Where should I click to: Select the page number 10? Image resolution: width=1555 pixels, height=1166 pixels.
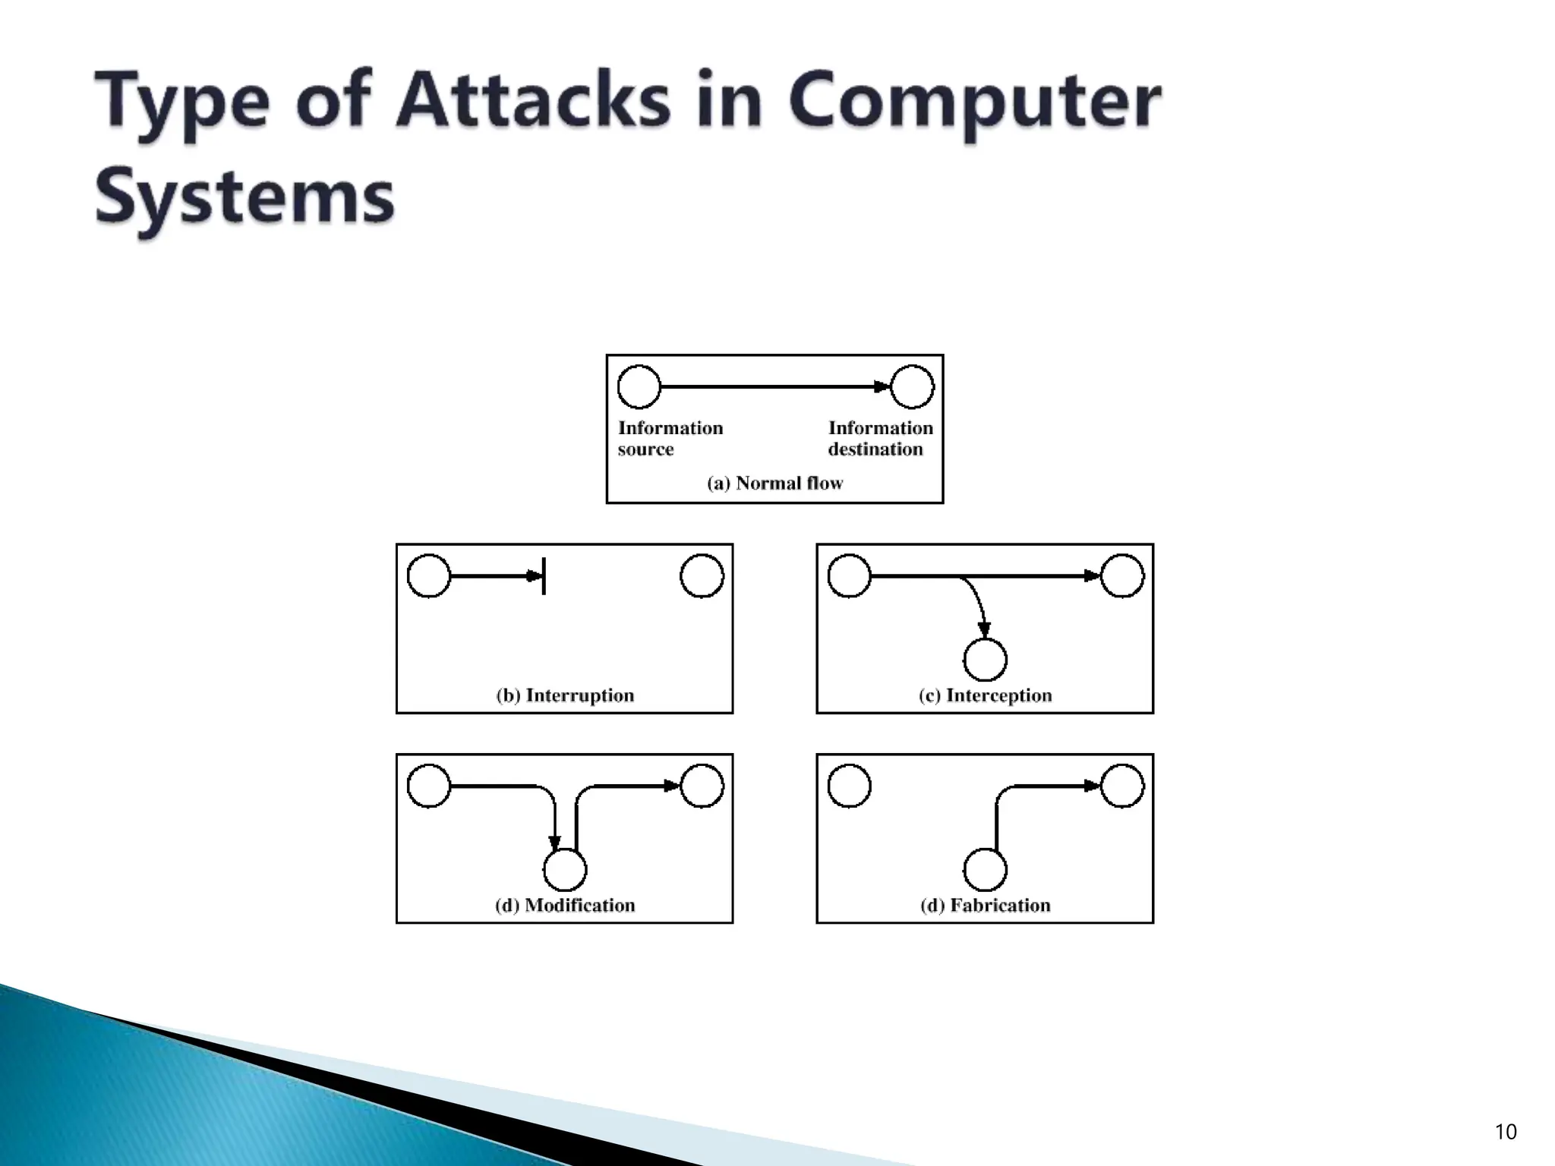[x=1505, y=1132]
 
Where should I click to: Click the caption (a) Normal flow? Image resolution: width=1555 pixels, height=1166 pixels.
[x=774, y=484]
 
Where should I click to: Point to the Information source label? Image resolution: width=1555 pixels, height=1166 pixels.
[x=670, y=439]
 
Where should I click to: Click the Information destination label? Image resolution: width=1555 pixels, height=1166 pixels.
[x=880, y=439]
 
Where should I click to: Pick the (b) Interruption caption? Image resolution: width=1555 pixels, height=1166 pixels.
[x=565, y=695]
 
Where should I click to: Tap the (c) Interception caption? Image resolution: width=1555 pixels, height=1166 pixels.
[x=985, y=695]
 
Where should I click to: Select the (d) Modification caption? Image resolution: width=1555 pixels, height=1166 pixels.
[x=565, y=905]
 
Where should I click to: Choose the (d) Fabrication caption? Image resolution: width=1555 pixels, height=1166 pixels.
[x=985, y=905]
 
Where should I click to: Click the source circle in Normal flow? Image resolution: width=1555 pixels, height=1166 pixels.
[x=639, y=386]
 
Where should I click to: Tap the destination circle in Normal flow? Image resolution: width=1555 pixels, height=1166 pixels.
[x=911, y=386]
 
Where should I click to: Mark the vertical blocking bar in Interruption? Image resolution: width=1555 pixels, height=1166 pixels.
[x=544, y=576]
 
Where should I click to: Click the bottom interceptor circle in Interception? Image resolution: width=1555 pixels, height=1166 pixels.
[x=985, y=659]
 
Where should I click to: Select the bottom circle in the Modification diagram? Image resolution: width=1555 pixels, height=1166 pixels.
[x=565, y=869]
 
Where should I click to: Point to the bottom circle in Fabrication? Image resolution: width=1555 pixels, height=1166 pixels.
[x=985, y=869]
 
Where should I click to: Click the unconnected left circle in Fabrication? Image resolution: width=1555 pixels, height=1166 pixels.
[x=849, y=786]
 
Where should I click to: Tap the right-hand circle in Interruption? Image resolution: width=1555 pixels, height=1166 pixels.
[x=702, y=576]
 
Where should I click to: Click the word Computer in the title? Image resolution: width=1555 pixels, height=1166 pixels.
[x=975, y=102]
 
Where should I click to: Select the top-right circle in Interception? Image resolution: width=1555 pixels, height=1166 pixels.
[x=1121, y=576]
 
